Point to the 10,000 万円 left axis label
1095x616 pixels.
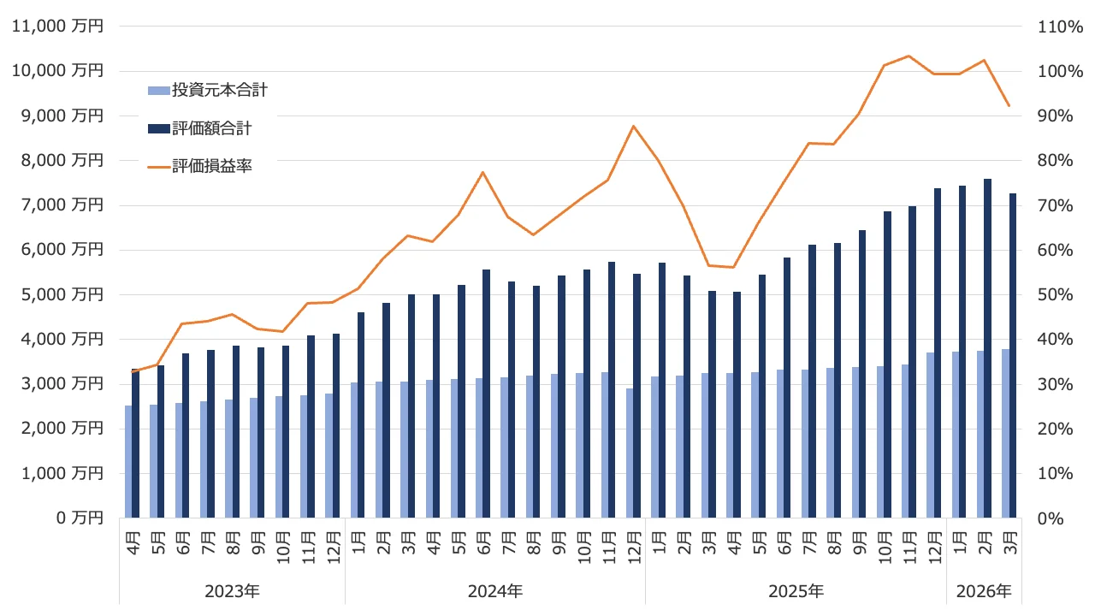57,71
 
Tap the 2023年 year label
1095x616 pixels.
232,591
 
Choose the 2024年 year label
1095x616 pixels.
494,591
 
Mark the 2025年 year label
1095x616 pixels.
796,591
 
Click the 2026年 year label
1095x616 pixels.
983,591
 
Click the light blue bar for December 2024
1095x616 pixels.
630,453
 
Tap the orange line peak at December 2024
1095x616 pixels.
633,126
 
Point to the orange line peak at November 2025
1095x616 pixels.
909,56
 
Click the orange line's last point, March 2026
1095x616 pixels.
1009,106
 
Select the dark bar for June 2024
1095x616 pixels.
486,394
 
